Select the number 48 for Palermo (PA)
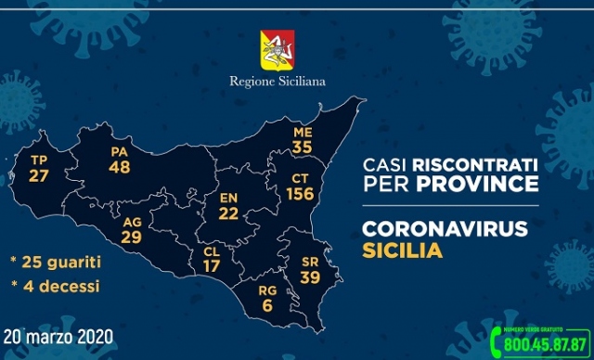[x=119, y=169]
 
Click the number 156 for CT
[x=300, y=194]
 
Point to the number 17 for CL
[x=212, y=265]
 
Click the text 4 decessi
[x=60, y=287]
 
